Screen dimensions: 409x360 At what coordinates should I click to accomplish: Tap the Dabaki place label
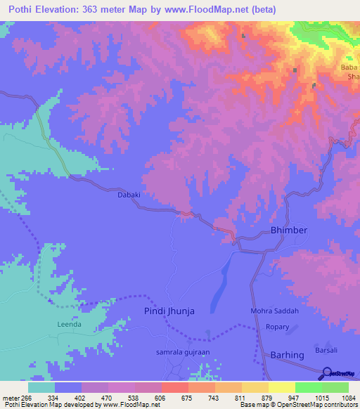click(130, 198)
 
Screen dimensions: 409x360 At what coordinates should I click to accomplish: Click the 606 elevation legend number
click(160, 397)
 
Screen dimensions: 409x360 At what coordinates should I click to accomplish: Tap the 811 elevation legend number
click(240, 397)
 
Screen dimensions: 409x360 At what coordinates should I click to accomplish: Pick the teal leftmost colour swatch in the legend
click(41, 387)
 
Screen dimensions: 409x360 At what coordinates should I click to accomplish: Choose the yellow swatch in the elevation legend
click(282, 387)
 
